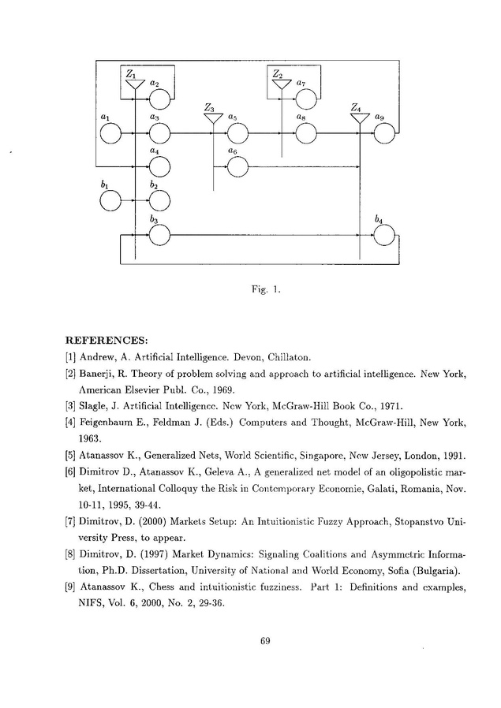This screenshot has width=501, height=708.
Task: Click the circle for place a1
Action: (111, 135)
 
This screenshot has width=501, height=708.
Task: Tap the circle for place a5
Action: (237, 135)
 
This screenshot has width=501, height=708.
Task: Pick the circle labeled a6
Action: (237, 166)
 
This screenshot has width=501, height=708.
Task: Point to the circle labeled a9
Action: (384, 135)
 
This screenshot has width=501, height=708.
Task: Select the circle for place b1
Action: (111, 202)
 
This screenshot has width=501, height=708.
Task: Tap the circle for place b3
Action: (159, 235)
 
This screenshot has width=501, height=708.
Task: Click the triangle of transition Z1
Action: (134, 83)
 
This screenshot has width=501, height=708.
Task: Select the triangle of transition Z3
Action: (212, 118)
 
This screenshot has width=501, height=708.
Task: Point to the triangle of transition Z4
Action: (360, 118)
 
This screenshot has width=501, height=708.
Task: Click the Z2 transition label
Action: (277, 73)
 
